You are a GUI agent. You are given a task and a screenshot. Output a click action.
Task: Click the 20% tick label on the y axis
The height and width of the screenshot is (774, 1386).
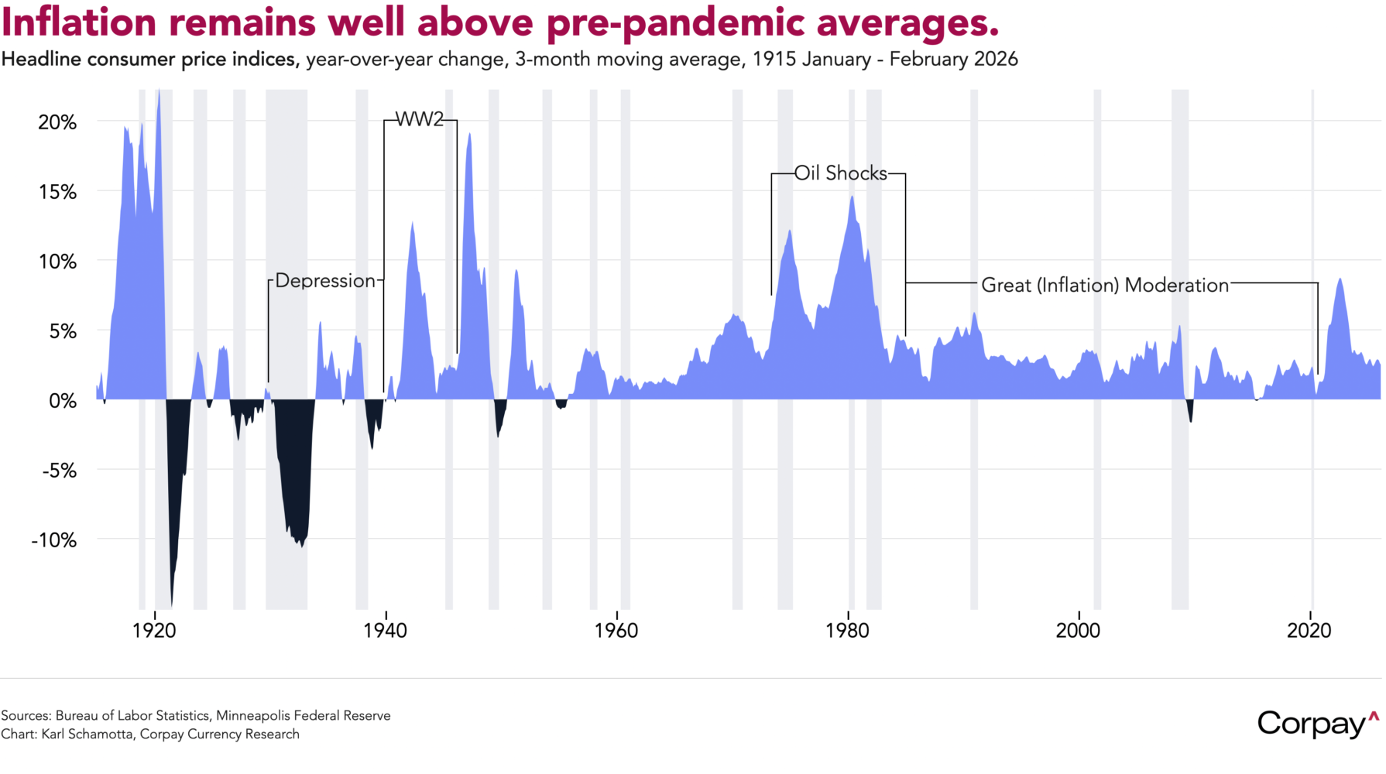tap(57, 122)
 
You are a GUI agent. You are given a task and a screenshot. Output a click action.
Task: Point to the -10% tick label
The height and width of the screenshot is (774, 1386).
tap(53, 539)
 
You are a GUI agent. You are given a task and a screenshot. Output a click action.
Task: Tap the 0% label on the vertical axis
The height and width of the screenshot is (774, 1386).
tap(62, 401)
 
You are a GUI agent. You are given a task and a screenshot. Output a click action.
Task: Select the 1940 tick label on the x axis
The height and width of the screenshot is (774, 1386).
tap(385, 631)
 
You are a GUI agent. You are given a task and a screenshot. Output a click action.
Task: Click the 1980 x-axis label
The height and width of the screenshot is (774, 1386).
tap(847, 631)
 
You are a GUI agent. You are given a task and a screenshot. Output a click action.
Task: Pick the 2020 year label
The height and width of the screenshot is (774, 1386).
tap(1309, 631)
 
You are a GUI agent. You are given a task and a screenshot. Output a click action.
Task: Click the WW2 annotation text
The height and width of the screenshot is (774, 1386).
tap(420, 120)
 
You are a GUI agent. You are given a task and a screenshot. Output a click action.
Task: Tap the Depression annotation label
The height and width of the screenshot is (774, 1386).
tap(325, 280)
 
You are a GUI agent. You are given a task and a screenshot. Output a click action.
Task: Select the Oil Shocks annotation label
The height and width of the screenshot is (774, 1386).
tap(840, 173)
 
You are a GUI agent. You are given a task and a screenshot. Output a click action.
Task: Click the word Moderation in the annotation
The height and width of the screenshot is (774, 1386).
tap(1176, 286)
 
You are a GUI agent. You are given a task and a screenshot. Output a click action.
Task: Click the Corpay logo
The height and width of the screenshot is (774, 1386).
tap(1316, 724)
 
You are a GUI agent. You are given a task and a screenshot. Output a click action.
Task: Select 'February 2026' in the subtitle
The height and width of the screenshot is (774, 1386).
tap(953, 60)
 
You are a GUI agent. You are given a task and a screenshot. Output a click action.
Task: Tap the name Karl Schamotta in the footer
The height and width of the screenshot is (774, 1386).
tap(88, 735)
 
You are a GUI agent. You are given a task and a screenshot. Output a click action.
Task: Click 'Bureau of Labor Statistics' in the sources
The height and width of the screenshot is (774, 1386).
tap(132, 716)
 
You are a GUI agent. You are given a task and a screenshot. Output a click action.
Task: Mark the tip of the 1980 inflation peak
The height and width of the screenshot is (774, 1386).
tap(852, 197)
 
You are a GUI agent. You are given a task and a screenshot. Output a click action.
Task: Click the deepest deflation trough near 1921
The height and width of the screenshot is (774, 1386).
tap(171, 604)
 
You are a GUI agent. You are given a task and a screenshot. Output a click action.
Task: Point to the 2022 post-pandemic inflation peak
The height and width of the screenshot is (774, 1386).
tap(1340, 279)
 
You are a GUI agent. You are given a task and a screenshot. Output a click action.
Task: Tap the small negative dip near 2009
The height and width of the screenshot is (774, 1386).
tap(1190, 420)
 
